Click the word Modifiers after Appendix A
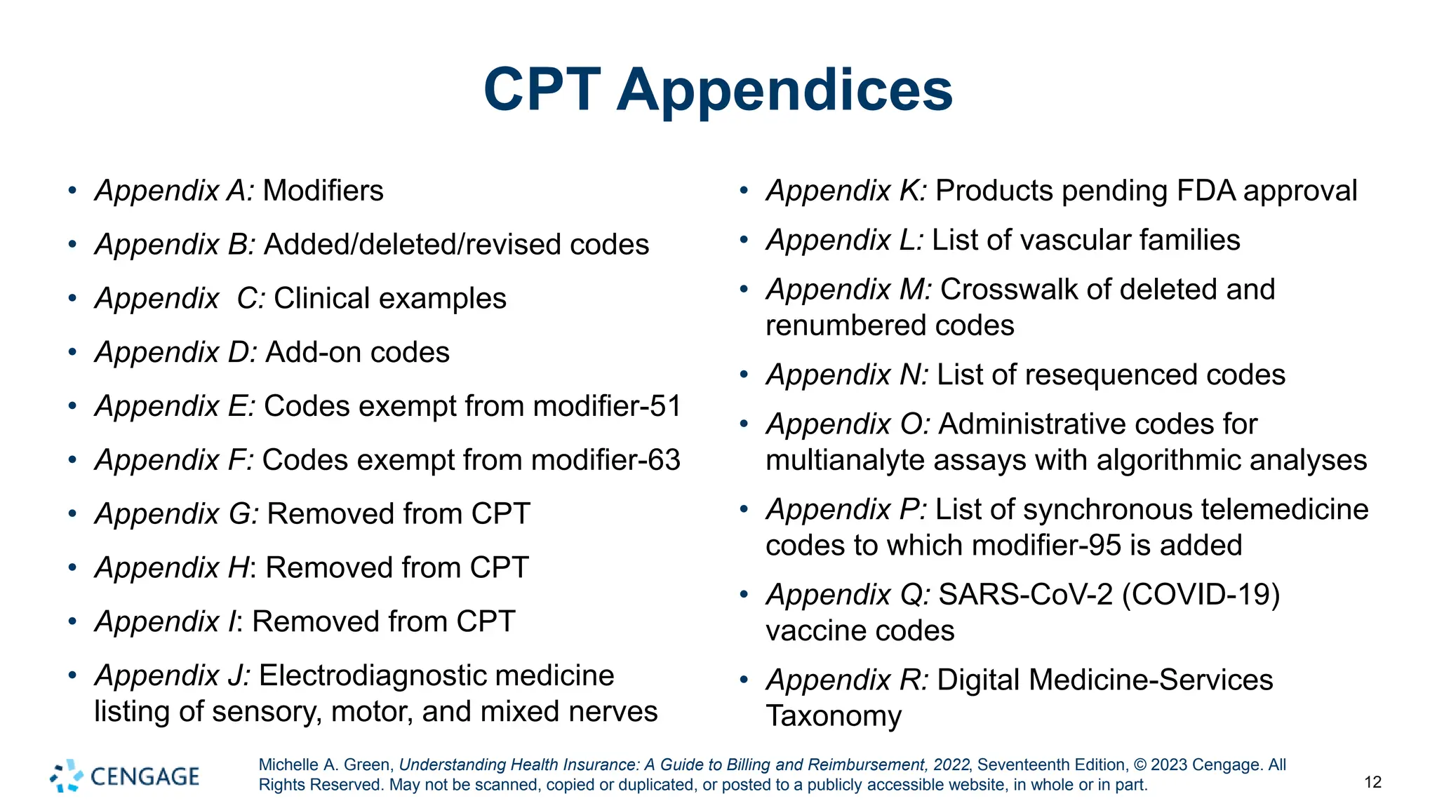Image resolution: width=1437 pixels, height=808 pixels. coord(323,191)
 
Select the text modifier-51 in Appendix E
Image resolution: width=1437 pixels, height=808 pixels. coord(607,406)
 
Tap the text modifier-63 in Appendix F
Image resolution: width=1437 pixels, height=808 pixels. coord(606,460)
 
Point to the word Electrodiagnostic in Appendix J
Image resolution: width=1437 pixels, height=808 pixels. coord(436,675)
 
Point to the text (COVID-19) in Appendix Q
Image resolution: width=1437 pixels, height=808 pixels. coord(1201,595)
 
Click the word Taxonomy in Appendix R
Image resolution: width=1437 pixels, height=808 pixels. coord(834,716)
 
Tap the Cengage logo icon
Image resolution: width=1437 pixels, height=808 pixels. coord(67,776)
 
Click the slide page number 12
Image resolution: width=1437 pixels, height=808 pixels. coord(1372,783)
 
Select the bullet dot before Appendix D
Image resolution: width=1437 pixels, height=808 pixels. coord(72,351)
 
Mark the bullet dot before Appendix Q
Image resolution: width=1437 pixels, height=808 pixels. coord(744,595)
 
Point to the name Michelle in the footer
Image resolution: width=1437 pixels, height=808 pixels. coord(288,765)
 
